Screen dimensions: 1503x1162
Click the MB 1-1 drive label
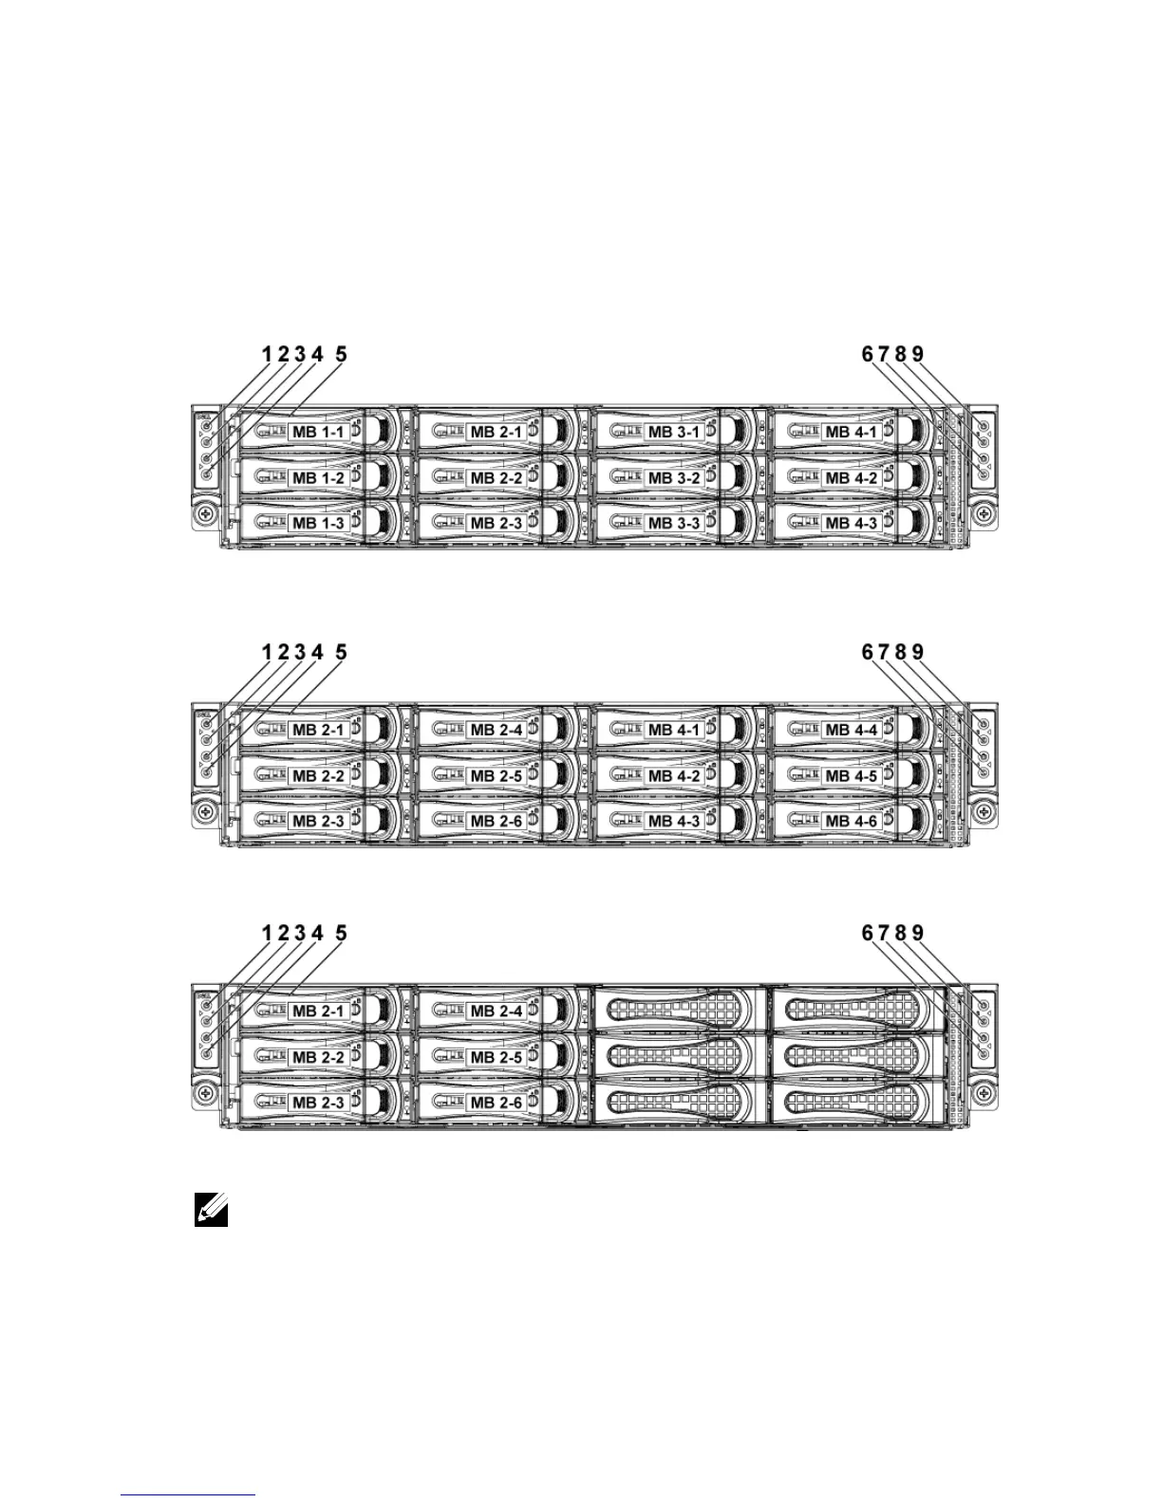(x=319, y=432)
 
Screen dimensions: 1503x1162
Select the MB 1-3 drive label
(x=319, y=523)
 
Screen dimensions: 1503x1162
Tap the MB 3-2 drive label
(x=674, y=477)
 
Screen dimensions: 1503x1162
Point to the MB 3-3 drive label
(x=674, y=523)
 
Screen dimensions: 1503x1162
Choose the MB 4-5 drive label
(x=852, y=775)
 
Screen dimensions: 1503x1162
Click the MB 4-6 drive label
(x=852, y=821)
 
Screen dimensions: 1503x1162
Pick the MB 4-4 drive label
(x=852, y=730)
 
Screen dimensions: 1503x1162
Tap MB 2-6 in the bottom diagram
(x=497, y=1103)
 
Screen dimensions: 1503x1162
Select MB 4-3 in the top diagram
(x=852, y=523)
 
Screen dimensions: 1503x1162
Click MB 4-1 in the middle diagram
(x=674, y=730)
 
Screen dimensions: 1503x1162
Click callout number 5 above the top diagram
(x=341, y=354)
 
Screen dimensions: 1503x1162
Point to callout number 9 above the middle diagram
(x=917, y=652)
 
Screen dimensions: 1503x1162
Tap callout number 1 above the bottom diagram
(x=268, y=933)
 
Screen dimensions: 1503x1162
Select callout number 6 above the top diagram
(x=867, y=354)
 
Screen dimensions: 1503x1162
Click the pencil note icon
(x=211, y=1210)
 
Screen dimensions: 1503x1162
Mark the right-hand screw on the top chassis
(x=984, y=513)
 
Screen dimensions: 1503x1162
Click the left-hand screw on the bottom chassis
(x=203, y=1092)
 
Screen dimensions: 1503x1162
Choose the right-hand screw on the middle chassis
(x=984, y=811)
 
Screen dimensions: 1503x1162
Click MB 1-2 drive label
(x=319, y=477)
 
